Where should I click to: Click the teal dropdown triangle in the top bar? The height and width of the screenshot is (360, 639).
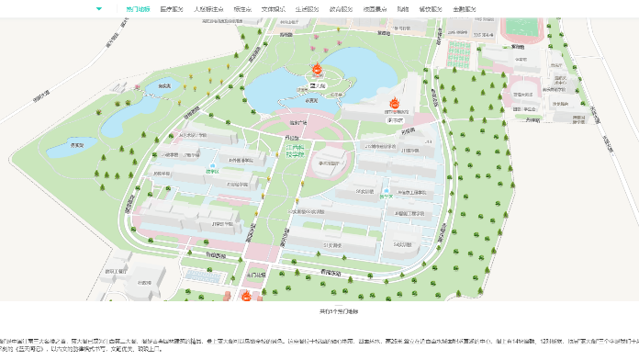click(99, 8)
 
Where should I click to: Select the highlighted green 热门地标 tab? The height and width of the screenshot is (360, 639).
click(138, 8)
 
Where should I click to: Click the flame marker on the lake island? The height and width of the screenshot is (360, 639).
click(314, 70)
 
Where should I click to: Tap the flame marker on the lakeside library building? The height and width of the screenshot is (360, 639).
click(395, 102)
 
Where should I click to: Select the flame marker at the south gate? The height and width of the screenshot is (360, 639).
click(247, 295)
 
